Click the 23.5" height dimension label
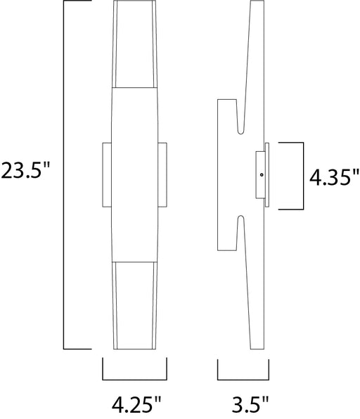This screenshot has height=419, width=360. coord(25,171)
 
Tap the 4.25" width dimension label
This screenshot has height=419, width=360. coord(136,404)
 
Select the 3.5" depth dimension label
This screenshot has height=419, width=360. coord(250,404)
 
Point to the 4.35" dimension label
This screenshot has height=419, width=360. coord(334,177)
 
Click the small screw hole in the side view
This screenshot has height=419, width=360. coord(262,175)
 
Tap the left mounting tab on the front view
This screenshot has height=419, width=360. coord(107,175)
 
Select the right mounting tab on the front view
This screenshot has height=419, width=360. coord(162,175)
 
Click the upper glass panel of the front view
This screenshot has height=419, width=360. coord(135,44)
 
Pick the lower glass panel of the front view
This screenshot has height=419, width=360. coord(135,305)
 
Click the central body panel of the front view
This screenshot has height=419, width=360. coord(135,174)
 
